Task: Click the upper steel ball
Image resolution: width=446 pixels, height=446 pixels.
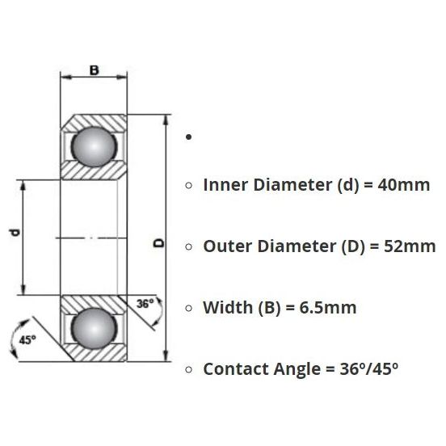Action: point(94,146)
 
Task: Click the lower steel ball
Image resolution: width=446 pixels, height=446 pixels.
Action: point(94,328)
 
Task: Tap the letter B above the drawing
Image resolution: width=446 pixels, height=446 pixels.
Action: point(95,70)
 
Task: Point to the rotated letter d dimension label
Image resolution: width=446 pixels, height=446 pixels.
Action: point(15,233)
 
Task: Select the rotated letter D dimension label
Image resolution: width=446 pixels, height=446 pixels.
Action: point(159,243)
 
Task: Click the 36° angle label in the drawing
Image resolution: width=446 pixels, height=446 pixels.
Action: point(145,304)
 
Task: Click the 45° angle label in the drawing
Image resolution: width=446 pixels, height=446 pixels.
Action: point(27,339)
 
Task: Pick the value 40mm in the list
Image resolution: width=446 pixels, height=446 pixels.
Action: point(404,185)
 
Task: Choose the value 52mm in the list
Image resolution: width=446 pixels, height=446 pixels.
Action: point(410,246)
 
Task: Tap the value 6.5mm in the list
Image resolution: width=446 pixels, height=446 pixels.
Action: point(328,308)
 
